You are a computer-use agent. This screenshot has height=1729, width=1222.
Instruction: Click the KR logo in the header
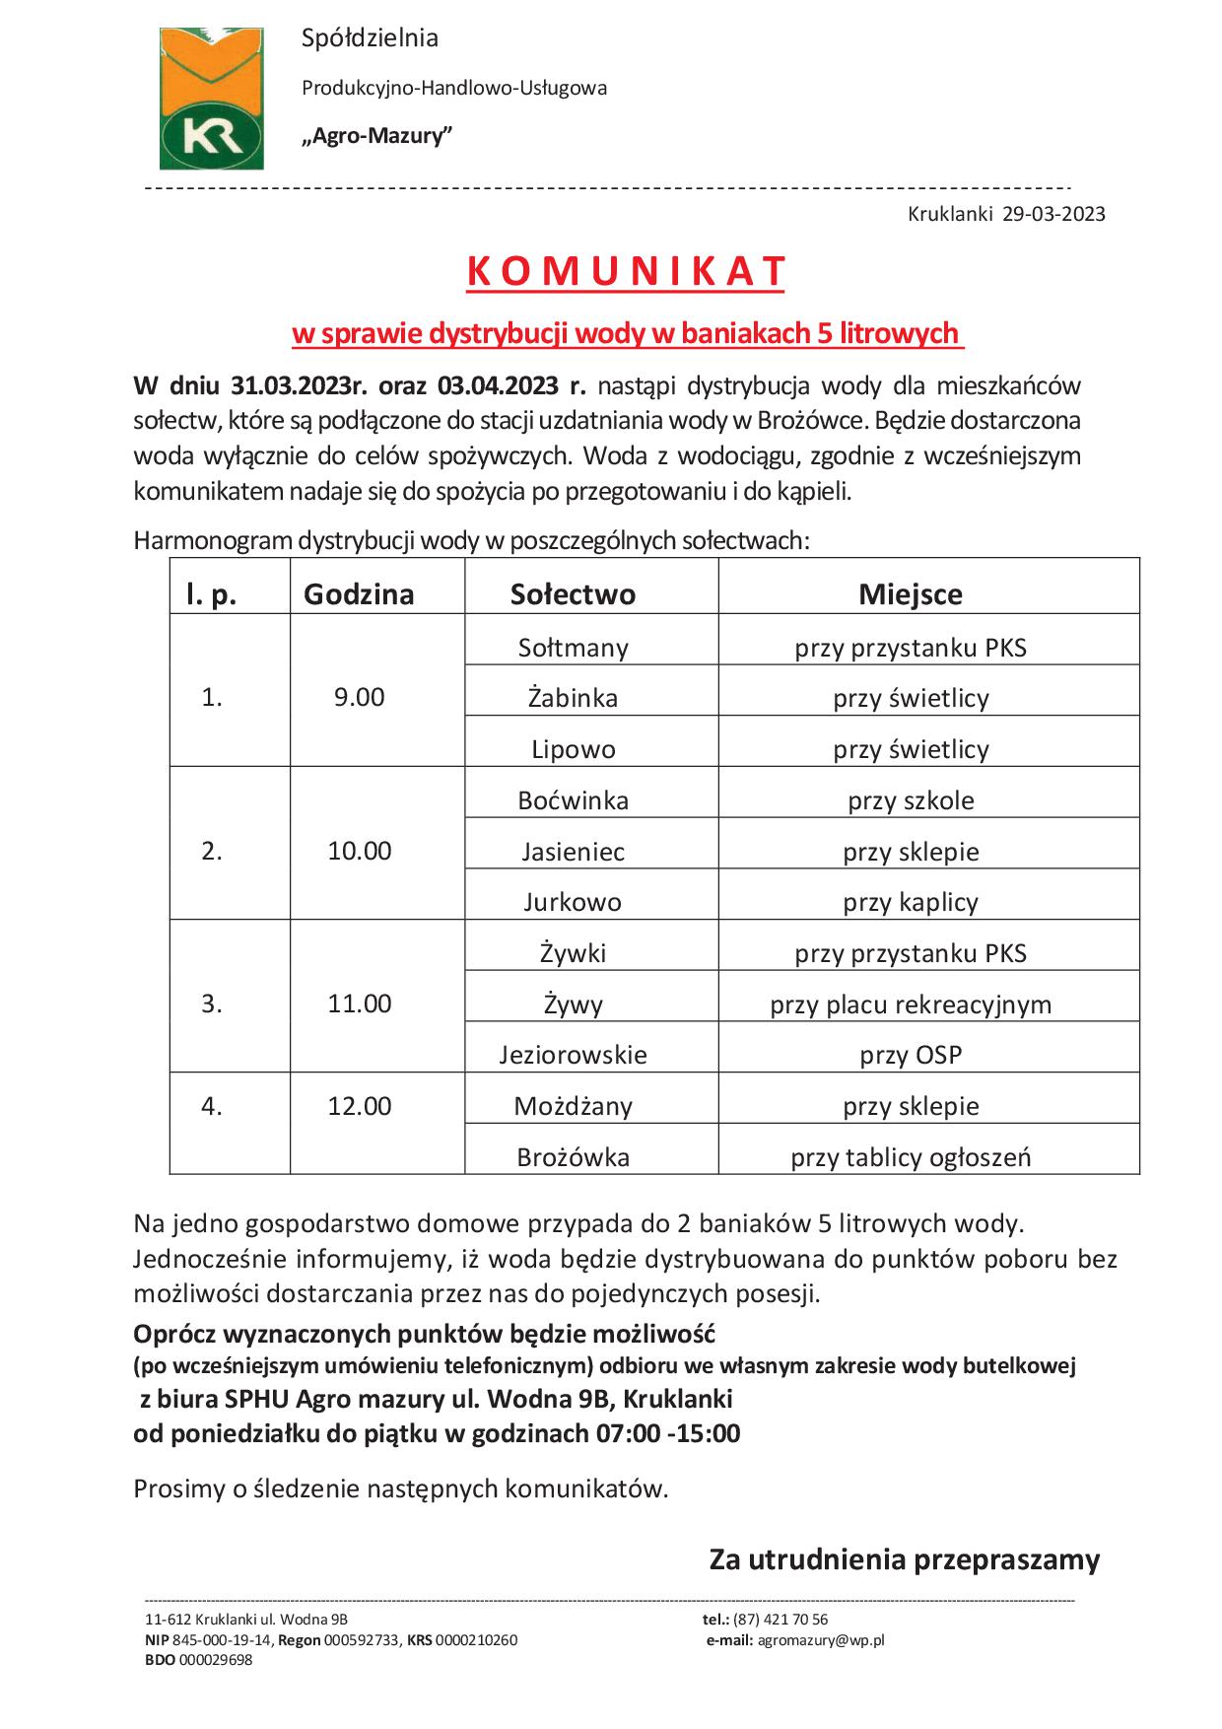point(213,99)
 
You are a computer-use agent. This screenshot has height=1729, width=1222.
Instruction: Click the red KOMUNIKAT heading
point(627,272)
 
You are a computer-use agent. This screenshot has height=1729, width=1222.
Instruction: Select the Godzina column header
point(359,594)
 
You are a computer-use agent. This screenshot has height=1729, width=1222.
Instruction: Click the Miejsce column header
point(911,594)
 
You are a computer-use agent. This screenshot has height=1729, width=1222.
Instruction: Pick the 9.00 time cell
point(359,698)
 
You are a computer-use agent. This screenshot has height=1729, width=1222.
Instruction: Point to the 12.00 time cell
point(359,1106)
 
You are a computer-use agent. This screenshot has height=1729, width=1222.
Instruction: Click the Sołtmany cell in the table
point(573,648)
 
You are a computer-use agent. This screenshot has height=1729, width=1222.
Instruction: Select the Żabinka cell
point(573,698)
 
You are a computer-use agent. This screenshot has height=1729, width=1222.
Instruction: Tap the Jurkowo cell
point(573,902)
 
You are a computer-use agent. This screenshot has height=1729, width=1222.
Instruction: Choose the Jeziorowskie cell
point(573,1055)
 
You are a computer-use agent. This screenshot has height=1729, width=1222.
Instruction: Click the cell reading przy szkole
point(911,800)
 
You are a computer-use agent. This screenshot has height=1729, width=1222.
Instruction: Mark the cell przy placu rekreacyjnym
point(911,1004)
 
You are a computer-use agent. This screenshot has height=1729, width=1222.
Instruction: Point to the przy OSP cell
point(911,1055)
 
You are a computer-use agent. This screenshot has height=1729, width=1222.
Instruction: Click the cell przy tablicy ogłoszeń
point(911,1157)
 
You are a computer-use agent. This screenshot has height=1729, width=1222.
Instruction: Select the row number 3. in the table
point(212,1003)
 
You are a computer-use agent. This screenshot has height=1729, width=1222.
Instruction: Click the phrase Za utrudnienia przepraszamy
point(904,1560)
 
